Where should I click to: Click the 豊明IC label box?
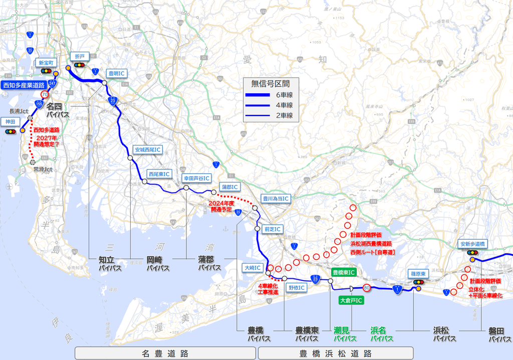pos(116,73)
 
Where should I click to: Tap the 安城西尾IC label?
pos(148,149)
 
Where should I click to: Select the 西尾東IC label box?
pos(159,174)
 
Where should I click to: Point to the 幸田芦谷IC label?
pos(196,178)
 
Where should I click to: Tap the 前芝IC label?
pos(273,229)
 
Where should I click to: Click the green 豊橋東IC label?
pos(344,272)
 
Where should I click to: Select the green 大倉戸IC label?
pos(351,300)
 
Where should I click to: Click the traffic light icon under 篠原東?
pos(418,282)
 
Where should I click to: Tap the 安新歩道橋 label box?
pos(473,244)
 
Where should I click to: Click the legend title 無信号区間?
pos(270,84)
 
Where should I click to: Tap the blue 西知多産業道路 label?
pos(24,85)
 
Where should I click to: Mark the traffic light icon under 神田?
pos(11,131)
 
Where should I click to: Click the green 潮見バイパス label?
pos(345,334)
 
